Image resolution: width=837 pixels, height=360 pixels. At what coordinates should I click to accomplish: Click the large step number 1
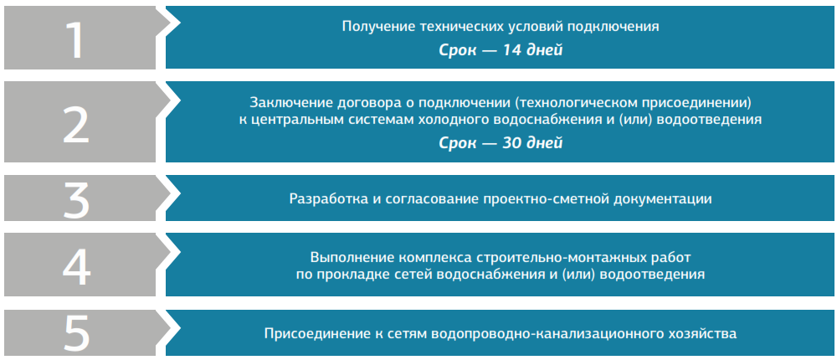coord(75,40)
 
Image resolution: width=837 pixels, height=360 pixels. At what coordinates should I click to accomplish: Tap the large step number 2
coord(76,125)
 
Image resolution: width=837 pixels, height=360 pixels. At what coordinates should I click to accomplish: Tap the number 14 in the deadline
coord(514,51)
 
